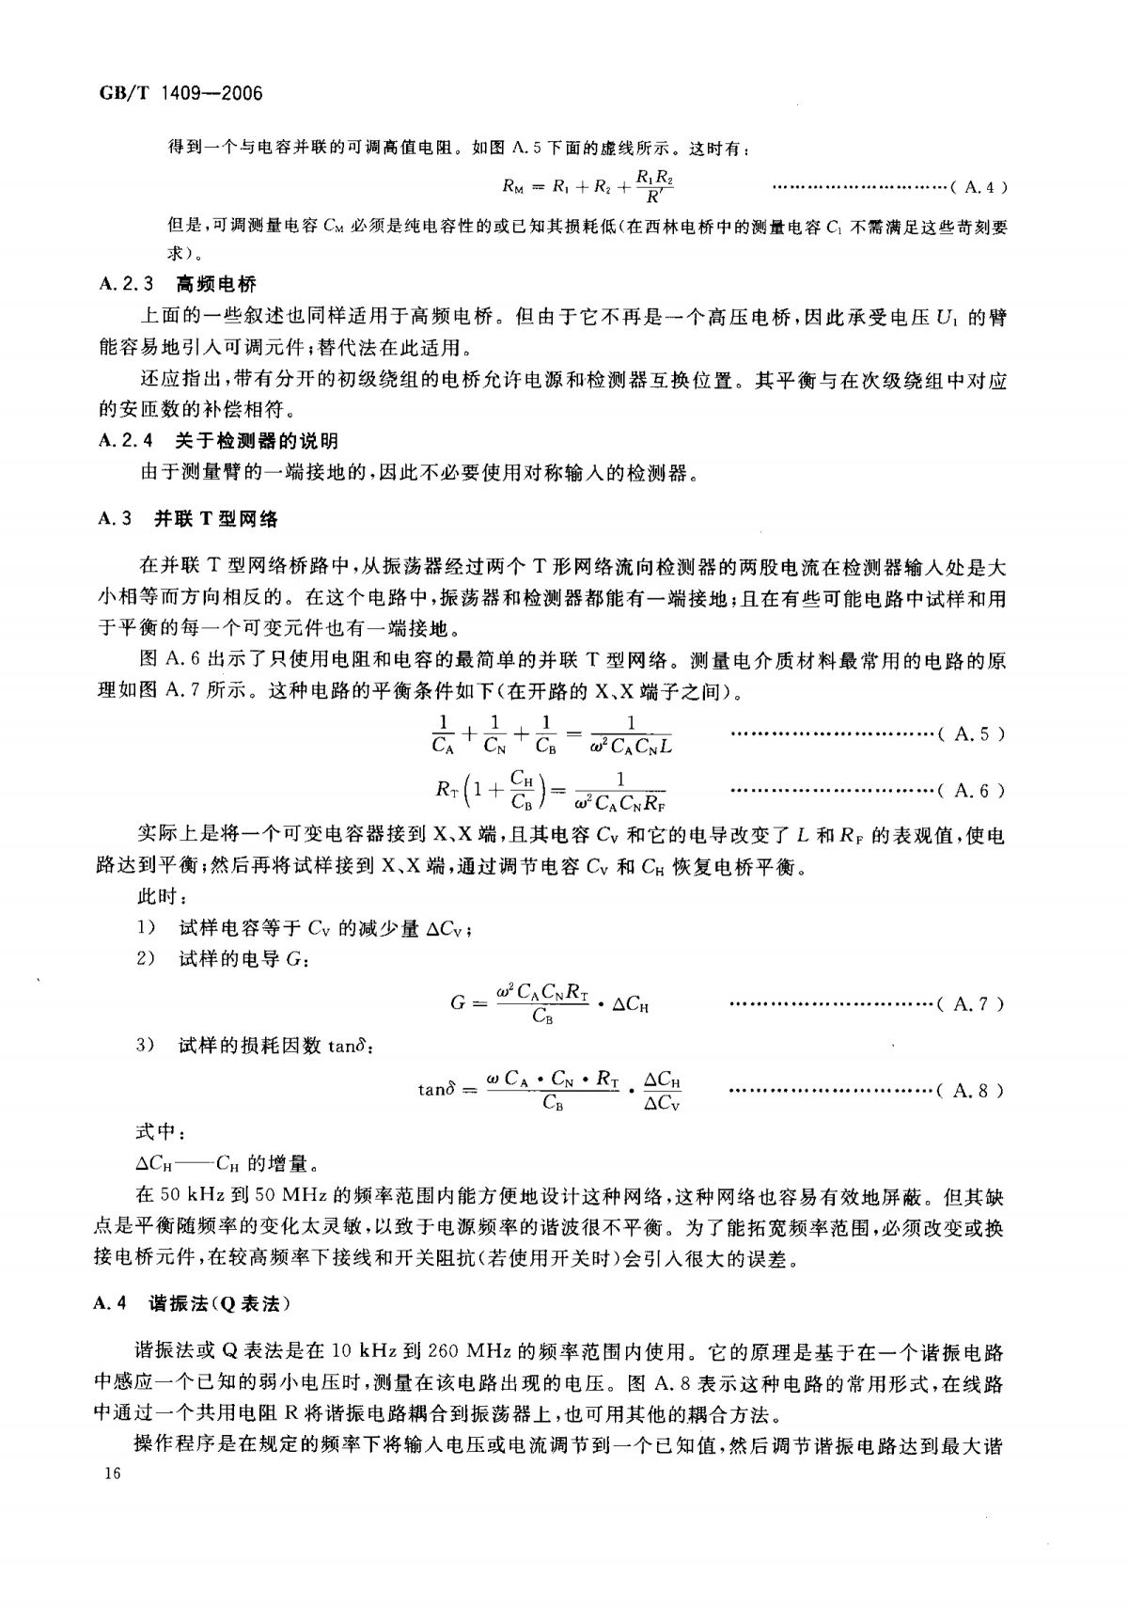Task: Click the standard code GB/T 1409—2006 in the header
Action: (x=178, y=93)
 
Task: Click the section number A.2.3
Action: (x=124, y=284)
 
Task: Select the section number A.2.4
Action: (x=124, y=440)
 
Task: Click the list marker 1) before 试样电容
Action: (x=145, y=928)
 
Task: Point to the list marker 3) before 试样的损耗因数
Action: (x=145, y=1046)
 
